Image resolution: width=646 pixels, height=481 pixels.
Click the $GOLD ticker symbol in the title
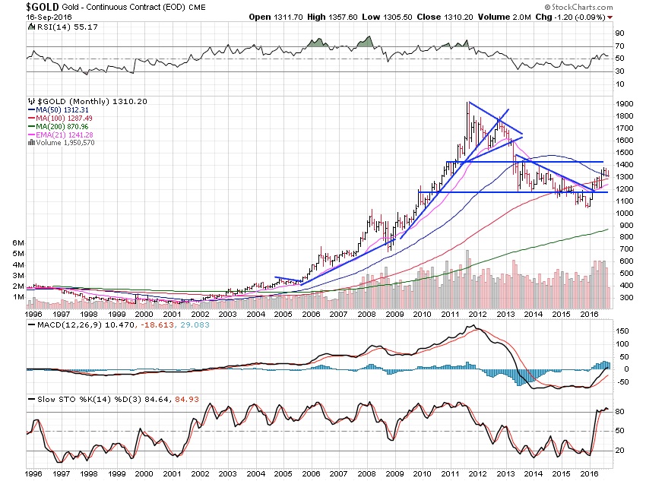pos(25,6)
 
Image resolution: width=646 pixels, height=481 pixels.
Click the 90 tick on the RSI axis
pos(619,33)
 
